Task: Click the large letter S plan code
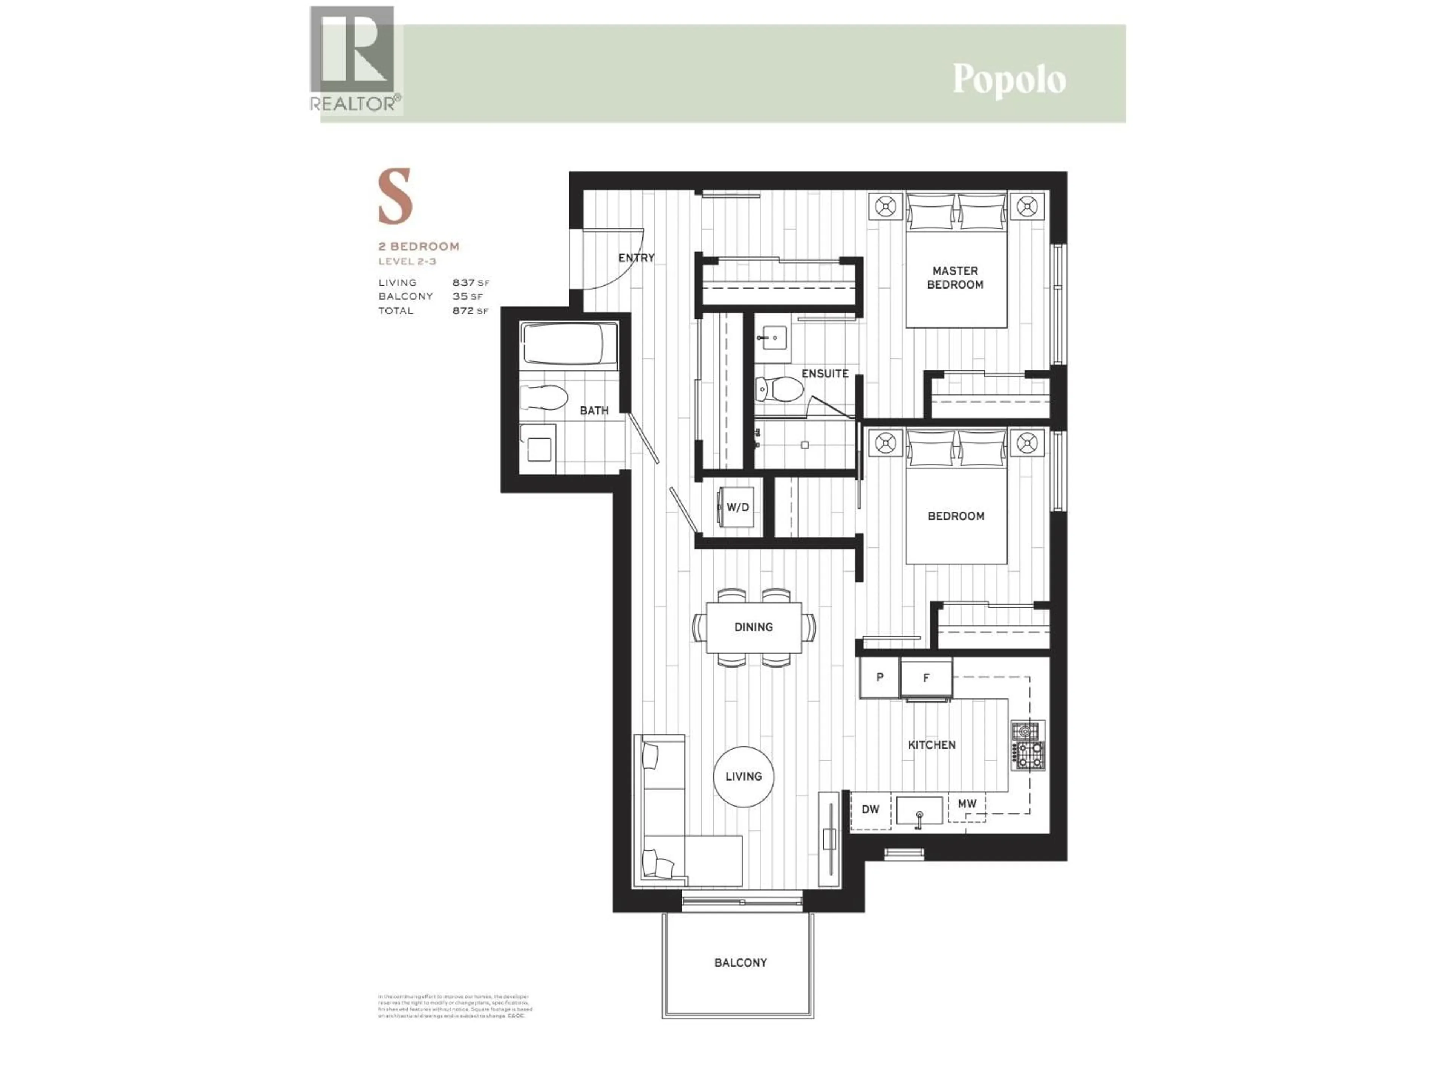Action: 395,196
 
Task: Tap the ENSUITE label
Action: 825,373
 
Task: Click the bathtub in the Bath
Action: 569,344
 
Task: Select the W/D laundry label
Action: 738,507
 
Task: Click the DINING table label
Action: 754,627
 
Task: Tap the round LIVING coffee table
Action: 744,776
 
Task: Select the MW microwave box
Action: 967,804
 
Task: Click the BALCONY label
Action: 740,963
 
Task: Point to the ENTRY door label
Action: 636,258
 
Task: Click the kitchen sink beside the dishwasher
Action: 919,811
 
